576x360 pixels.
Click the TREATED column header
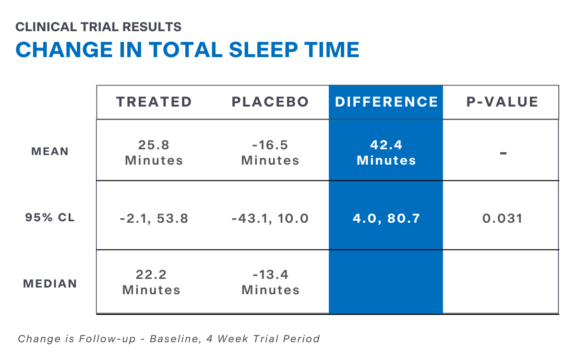click(x=154, y=102)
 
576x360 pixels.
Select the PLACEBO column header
click(x=270, y=102)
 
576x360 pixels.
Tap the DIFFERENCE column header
click(x=386, y=102)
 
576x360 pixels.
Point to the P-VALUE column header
click(x=502, y=102)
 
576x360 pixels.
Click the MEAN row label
click(x=50, y=151)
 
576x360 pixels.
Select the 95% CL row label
click(x=50, y=217)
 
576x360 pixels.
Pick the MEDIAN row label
click(x=50, y=284)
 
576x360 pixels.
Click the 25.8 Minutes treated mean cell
click(x=154, y=153)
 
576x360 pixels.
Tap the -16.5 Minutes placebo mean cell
click(x=270, y=153)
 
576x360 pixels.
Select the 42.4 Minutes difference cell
click(x=386, y=153)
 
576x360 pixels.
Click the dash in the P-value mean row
click(x=503, y=153)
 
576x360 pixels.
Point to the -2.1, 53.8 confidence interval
click(x=154, y=218)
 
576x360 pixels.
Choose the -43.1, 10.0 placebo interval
click(x=270, y=218)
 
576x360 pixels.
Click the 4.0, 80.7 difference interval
click(x=386, y=218)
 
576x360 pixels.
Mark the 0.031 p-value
click(x=503, y=218)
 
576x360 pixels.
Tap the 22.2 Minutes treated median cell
click(x=151, y=282)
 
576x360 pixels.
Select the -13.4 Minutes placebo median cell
click(x=271, y=282)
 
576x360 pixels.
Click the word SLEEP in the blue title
click(x=264, y=49)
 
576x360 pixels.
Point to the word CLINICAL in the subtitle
click(x=46, y=27)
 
